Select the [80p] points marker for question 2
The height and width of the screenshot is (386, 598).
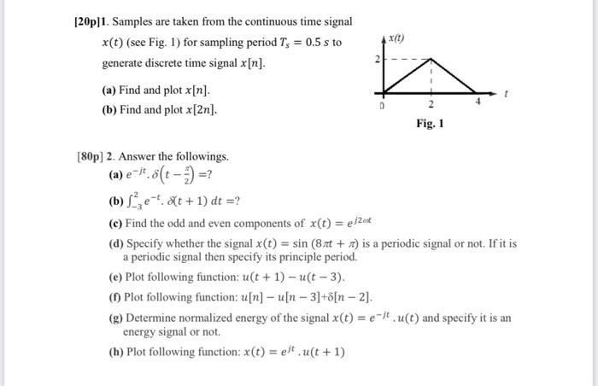click(94, 157)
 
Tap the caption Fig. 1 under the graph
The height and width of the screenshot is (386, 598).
click(430, 124)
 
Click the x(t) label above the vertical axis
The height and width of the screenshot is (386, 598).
click(396, 39)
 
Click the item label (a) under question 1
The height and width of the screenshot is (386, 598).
click(110, 90)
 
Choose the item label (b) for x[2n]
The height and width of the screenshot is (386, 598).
click(110, 110)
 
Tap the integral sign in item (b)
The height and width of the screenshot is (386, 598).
click(129, 201)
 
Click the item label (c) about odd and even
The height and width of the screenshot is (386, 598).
click(115, 223)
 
